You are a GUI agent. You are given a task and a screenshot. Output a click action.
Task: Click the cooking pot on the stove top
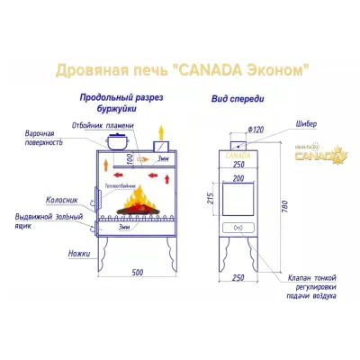point(116,141)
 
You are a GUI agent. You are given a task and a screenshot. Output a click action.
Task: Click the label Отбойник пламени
point(103,124)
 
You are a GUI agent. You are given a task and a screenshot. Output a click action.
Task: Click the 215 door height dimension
point(209,196)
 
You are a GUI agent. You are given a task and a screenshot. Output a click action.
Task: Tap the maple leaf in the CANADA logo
point(339,154)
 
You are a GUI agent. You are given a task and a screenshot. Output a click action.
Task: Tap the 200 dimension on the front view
point(238,178)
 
